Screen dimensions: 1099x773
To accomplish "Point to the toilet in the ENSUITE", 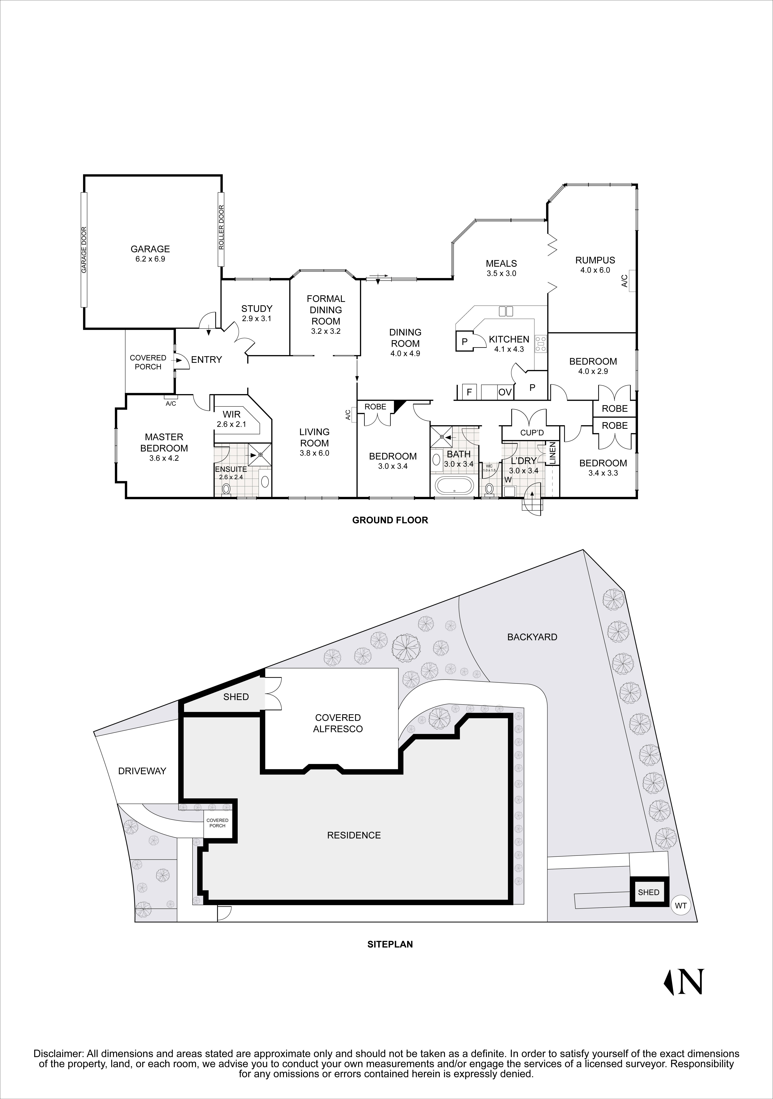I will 226,489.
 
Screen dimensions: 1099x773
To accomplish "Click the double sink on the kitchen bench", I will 506,311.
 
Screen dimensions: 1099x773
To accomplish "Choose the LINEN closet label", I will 553,453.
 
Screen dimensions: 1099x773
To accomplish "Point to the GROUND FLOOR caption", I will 390,520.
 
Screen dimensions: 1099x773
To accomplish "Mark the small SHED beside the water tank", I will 648,892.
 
